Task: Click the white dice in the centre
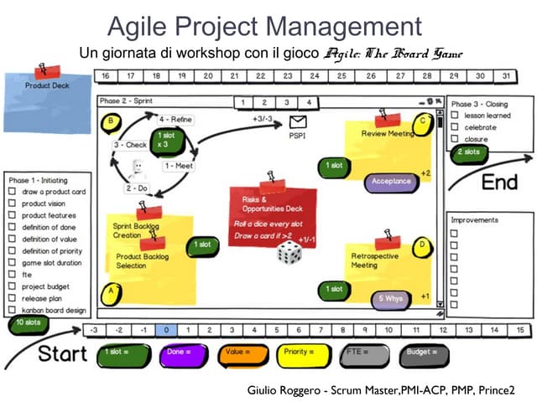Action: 289,253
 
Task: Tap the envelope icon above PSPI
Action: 297,122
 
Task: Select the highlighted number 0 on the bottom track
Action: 166,330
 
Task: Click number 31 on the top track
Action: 505,76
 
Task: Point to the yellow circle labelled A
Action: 109,291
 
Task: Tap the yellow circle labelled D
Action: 422,244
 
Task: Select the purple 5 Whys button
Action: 392,297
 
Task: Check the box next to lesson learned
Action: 455,116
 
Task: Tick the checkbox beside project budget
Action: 12,286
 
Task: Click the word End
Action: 498,182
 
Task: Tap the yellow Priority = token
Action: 304,353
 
